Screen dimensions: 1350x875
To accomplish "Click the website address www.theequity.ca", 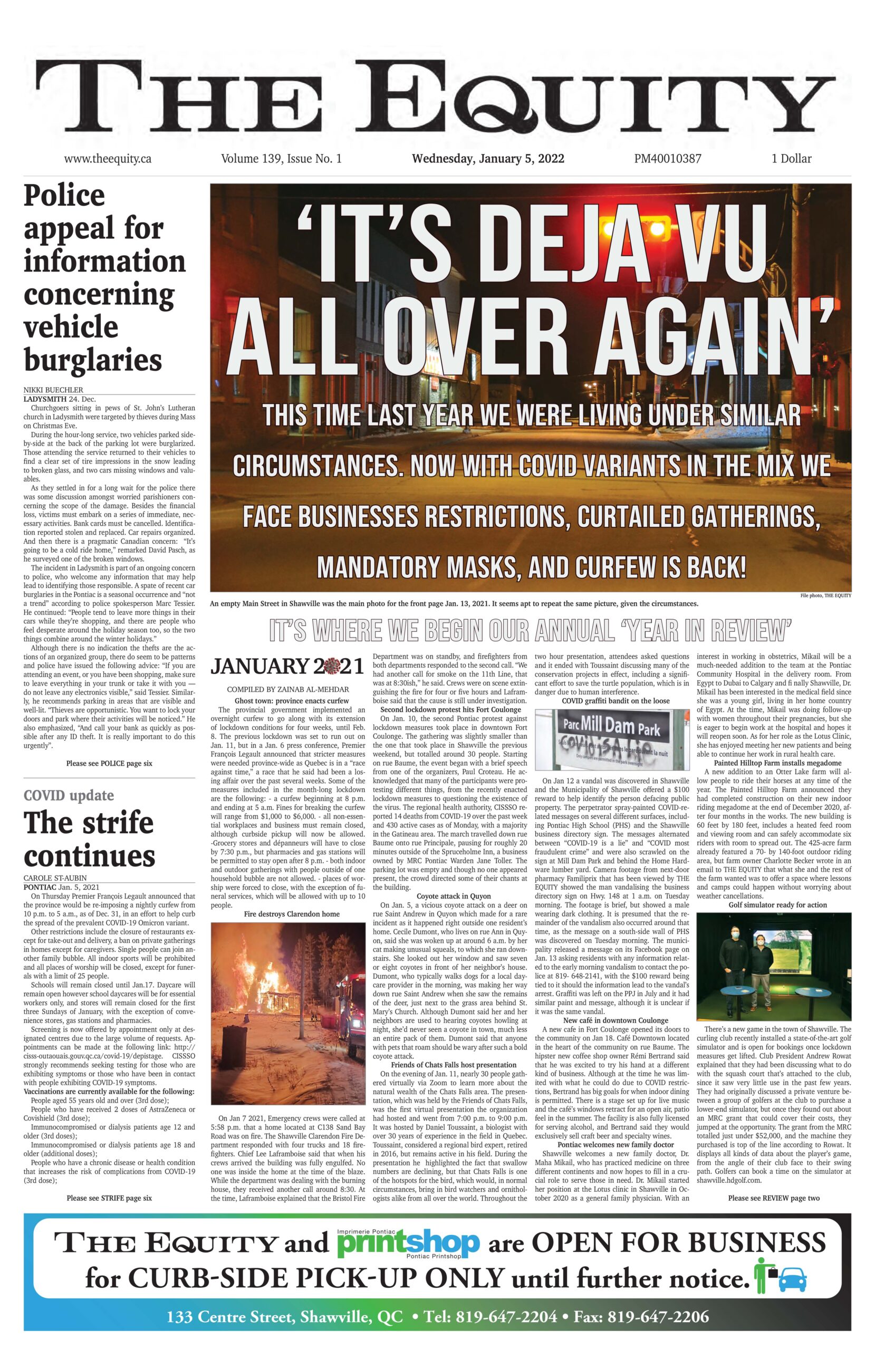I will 107,159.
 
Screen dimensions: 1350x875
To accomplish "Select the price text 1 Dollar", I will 791,159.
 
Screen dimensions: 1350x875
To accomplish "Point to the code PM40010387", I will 667,159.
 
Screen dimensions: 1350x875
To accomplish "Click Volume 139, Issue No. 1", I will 282,159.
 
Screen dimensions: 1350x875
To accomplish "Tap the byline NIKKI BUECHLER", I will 53,390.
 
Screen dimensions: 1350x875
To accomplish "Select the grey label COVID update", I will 69,795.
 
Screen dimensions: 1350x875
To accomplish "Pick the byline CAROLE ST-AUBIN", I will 55,878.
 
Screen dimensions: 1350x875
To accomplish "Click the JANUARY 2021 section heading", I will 287,666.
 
